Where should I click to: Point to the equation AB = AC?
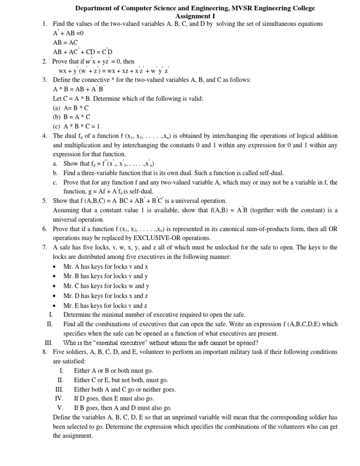click(66, 42)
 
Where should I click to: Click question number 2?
click(44, 61)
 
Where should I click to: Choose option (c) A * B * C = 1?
click(76, 126)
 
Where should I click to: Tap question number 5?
click(44, 201)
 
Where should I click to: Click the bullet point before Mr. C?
click(55, 286)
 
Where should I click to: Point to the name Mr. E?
click(69, 305)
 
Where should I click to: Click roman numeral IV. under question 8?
click(59, 398)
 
